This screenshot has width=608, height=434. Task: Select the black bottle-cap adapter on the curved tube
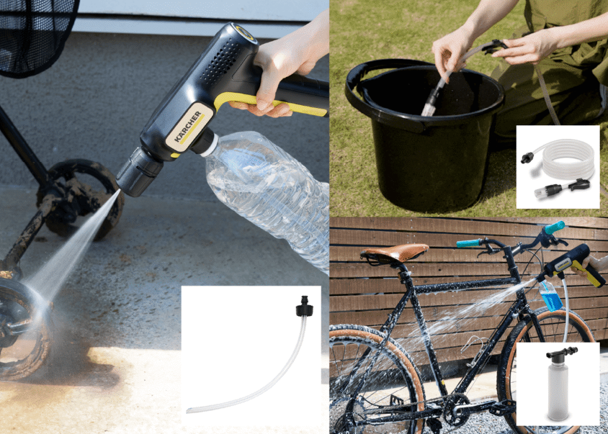point(305,306)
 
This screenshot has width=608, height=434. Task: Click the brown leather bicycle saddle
point(394,252)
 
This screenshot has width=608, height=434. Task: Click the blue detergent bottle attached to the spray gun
point(550,296)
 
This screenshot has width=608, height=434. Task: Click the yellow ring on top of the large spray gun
point(245,33)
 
